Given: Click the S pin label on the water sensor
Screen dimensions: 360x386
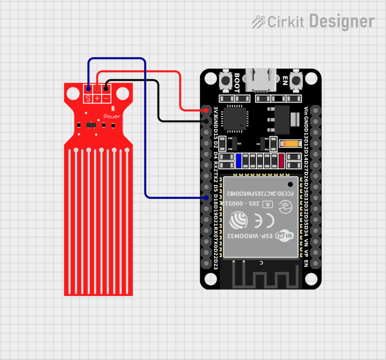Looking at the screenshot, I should (88, 99).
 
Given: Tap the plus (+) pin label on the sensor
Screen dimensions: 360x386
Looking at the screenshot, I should (97, 99).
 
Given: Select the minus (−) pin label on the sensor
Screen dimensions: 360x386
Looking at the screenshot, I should (106, 99).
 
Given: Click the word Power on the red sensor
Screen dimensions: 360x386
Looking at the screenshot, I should (112, 116).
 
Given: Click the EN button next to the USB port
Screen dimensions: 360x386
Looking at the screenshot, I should (297, 80).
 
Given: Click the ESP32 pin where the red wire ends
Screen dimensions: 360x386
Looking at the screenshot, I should (207, 110).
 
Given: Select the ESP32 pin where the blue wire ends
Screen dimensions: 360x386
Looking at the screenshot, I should (207, 198).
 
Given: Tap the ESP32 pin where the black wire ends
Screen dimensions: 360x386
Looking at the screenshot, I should (207, 121).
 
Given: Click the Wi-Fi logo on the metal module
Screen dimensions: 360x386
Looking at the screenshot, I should (285, 236).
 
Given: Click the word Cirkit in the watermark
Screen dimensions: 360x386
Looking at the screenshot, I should (285, 22).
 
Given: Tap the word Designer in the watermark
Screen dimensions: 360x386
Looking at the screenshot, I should (342, 21).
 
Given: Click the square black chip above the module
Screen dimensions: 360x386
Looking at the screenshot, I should (235, 118).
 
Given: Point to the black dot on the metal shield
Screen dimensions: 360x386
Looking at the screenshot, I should (290, 184).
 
